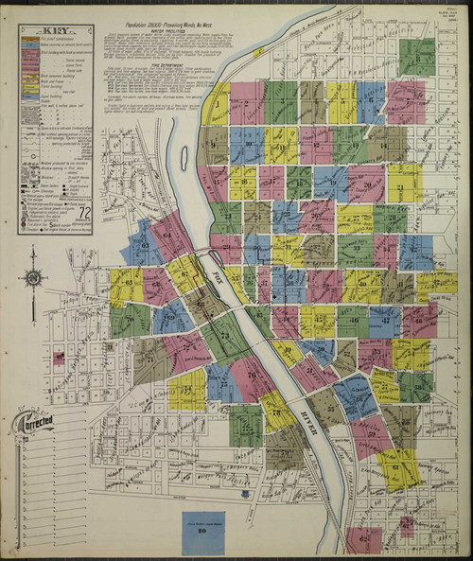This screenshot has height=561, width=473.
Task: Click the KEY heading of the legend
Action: pos(55,30)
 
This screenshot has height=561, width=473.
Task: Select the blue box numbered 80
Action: pos(203,533)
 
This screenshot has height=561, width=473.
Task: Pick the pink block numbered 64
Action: pos(171,233)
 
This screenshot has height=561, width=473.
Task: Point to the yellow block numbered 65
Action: pos(126,286)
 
